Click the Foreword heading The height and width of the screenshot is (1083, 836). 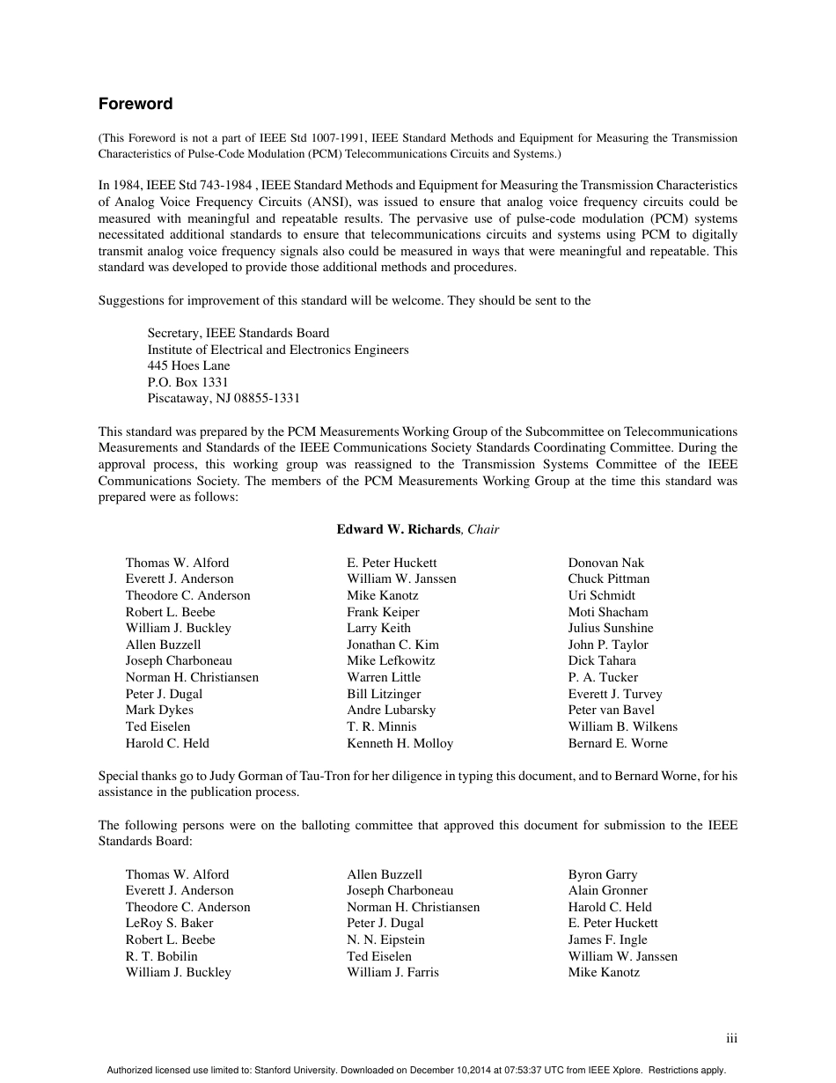(x=136, y=104)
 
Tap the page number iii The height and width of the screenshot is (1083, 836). (x=731, y=1039)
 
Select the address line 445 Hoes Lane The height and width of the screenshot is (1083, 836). (x=188, y=365)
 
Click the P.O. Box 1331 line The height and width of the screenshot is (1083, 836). (x=187, y=382)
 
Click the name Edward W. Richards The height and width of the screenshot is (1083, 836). (x=398, y=529)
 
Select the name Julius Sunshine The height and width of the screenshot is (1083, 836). (x=611, y=628)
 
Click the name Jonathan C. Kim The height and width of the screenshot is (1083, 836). (x=392, y=645)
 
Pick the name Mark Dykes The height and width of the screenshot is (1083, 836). (x=159, y=710)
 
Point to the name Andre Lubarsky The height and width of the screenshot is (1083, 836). (x=391, y=710)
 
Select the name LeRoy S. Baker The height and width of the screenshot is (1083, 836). (x=169, y=923)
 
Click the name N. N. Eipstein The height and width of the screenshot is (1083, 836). (x=385, y=939)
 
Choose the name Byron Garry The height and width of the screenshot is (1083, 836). (x=603, y=874)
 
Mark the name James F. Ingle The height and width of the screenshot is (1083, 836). (x=607, y=939)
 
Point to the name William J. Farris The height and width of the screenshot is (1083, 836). (x=392, y=972)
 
